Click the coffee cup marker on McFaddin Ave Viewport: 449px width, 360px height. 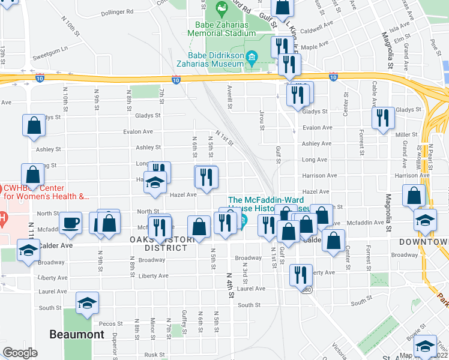pyautogui.click(x=71, y=223)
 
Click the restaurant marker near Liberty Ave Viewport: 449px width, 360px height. pyautogui.click(x=301, y=274)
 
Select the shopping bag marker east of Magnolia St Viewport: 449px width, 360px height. pyautogui.click(x=414, y=196)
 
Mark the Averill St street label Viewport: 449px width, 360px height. pyautogui.click(x=229, y=96)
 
